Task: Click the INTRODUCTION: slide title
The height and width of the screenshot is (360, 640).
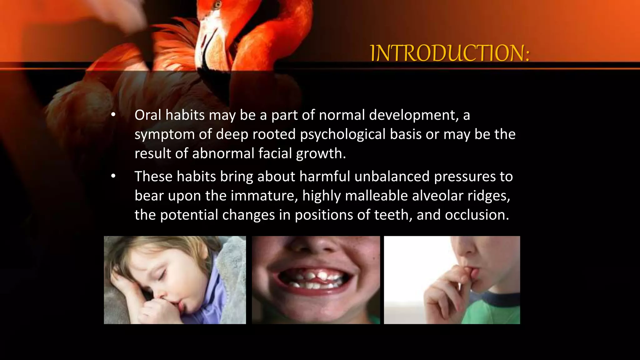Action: pyautogui.click(x=450, y=53)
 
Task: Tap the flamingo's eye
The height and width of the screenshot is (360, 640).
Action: pyautogui.click(x=217, y=4)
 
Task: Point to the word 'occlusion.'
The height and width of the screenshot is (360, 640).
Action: pyautogui.click(x=477, y=215)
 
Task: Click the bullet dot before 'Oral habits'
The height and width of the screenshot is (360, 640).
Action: pyautogui.click(x=113, y=115)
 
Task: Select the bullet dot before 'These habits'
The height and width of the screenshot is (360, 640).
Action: pyautogui.click(x=113, y=177)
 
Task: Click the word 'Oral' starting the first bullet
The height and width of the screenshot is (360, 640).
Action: pyautogui.click(x=147, y=115)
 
